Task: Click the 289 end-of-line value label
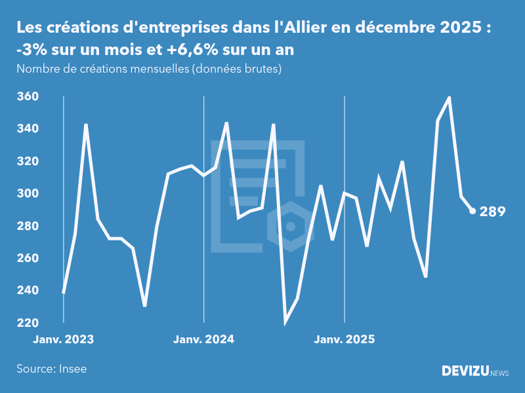coord(492,212)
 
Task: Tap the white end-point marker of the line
coord(472,211)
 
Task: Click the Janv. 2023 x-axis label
coord(64,339)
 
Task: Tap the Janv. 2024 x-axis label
coord(203,339)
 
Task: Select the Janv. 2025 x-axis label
coord(345,339)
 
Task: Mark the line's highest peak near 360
coord(450,97)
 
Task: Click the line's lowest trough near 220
coord(285,322)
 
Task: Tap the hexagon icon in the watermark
coord(290,226)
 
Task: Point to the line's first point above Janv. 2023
coord(64,292)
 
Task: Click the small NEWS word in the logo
coord(499,373)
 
